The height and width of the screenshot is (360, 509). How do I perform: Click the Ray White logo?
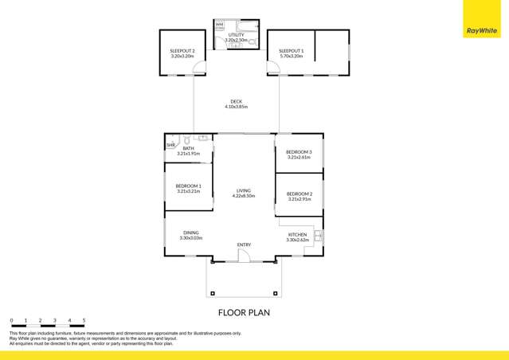482,31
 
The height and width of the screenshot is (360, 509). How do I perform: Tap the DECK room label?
236,102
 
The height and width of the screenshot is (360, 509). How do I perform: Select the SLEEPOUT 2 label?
182,51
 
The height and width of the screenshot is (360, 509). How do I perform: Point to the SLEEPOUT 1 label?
291,51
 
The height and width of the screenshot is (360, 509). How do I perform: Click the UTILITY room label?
236,35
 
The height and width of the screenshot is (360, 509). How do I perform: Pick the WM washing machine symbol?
220,25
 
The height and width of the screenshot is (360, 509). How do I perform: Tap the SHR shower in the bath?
170,145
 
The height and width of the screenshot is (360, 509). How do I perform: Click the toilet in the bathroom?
186,140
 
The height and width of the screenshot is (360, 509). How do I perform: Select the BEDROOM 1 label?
189,186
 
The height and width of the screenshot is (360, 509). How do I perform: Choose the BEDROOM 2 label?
299,194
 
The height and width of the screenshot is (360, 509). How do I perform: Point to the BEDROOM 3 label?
299,152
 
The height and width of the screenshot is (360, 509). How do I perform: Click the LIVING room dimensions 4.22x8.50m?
244,196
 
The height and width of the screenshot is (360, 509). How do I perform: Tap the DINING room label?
190,233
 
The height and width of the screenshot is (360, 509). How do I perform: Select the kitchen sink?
318,236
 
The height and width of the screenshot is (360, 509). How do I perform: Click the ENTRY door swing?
245,255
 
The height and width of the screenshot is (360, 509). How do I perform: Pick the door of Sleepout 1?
274,69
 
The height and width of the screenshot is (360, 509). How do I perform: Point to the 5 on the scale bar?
84,319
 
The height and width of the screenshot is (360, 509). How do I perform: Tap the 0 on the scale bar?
11,319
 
